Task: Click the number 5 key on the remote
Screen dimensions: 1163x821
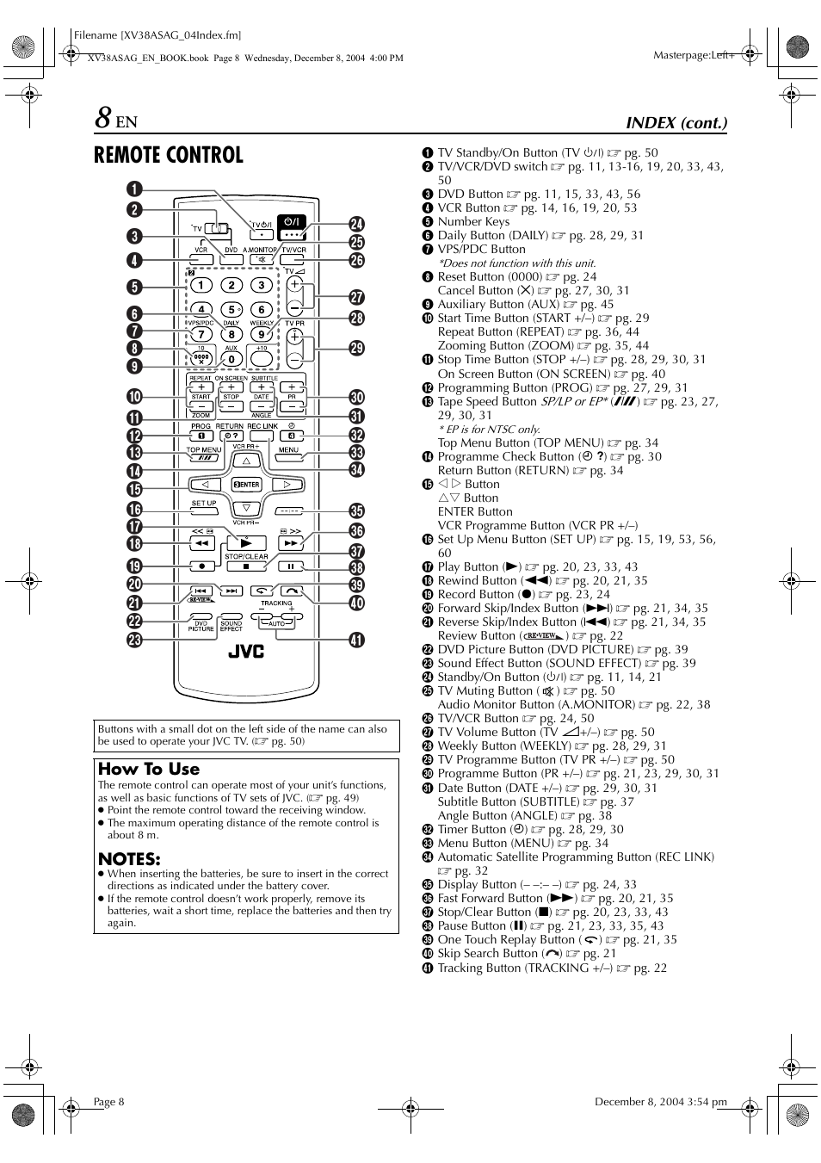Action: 231,310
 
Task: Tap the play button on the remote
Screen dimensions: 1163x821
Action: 246,542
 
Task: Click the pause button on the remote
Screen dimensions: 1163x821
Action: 291,566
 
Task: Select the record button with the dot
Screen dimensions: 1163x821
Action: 201,566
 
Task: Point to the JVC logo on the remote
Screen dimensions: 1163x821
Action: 246,651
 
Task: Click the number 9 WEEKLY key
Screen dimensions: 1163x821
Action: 261,334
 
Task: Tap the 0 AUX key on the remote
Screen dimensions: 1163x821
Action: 231,359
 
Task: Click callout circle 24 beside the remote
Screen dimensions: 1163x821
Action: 356,226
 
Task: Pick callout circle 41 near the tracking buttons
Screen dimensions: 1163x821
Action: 356,640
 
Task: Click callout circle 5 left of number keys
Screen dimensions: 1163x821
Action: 136,287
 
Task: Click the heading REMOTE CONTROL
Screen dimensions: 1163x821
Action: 169,155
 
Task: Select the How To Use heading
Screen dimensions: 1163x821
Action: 149,769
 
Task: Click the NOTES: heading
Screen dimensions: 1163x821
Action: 129,858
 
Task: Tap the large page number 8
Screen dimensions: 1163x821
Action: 102,118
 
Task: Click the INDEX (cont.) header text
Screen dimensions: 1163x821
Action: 676,122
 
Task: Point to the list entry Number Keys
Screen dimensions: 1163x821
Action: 473,221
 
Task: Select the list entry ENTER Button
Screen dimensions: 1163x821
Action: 474,511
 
